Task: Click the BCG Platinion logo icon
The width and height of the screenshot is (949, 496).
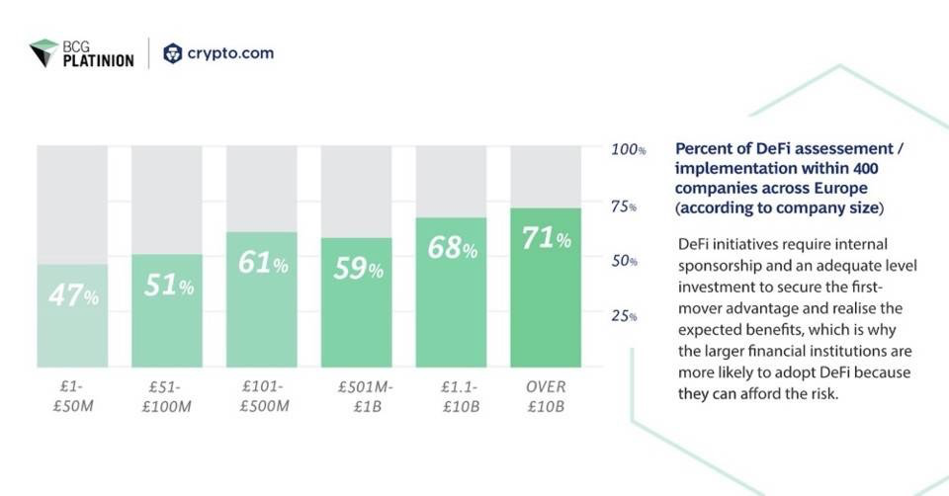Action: [44, 52]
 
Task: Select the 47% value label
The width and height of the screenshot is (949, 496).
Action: [73, 295]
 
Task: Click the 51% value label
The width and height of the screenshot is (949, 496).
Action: [168, 286]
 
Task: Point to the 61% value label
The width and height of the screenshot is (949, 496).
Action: [263, 264]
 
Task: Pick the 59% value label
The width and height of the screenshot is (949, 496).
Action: [358, 269]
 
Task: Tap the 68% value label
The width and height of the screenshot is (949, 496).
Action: [453, 248]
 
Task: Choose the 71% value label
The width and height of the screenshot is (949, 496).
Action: [547, 238]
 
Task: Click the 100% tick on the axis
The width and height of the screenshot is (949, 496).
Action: [628, 150]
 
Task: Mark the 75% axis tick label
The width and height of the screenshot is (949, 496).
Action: [624, 207]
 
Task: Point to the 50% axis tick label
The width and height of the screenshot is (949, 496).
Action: [624, 262]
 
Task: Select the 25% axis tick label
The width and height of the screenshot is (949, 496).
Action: [624, 316]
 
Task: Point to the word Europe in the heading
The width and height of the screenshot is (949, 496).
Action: [840, 188]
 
